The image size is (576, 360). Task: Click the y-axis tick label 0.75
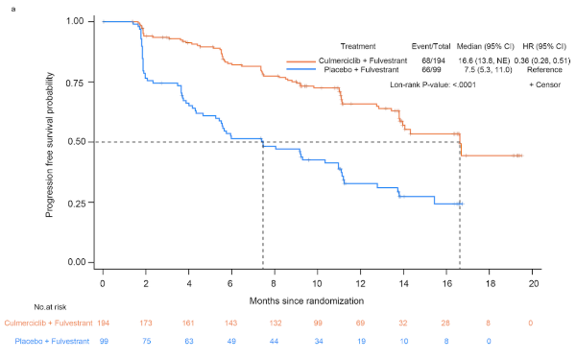click(75, 83)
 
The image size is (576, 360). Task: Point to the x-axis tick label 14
click(403, 283)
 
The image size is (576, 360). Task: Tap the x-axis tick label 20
click(534, 283)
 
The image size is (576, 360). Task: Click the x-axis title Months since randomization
click(307, 301)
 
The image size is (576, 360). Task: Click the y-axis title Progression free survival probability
click(50, 145)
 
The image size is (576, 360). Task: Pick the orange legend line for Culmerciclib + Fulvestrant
click(300, 61)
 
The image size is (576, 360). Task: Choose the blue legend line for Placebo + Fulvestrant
click(300, 70)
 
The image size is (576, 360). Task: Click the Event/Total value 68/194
click(434, 60)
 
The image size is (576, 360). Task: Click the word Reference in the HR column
click(544, 70)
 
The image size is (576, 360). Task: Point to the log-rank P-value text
click(433, 84)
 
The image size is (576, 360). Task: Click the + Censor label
click(544, 84)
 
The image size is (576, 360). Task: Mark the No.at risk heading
click(50, 307)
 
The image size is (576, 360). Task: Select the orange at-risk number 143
click(230, 324)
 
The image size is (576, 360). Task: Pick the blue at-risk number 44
click(274, 341)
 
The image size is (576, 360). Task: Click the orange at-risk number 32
click(403, 324)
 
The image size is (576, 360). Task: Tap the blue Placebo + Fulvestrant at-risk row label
click(52, 341)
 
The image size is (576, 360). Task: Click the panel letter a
click(13, 9)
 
